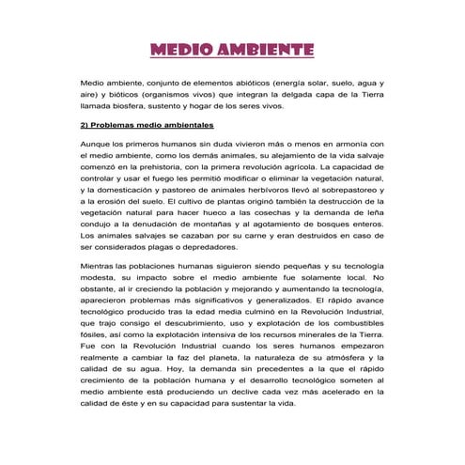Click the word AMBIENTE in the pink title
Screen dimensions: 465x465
[265, 48]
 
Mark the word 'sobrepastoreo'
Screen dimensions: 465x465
[347, 189]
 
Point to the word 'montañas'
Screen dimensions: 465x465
[218, 223]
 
